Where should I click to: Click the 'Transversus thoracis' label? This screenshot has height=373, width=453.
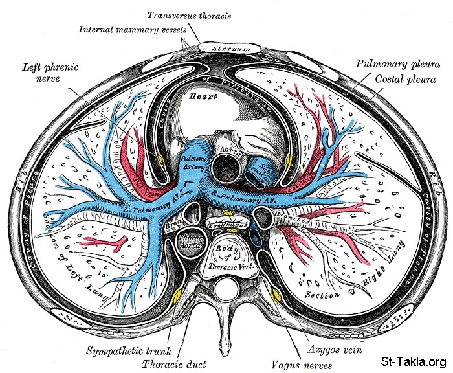coord(190,14)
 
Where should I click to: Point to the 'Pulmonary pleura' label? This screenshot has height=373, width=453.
coord(392,64)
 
